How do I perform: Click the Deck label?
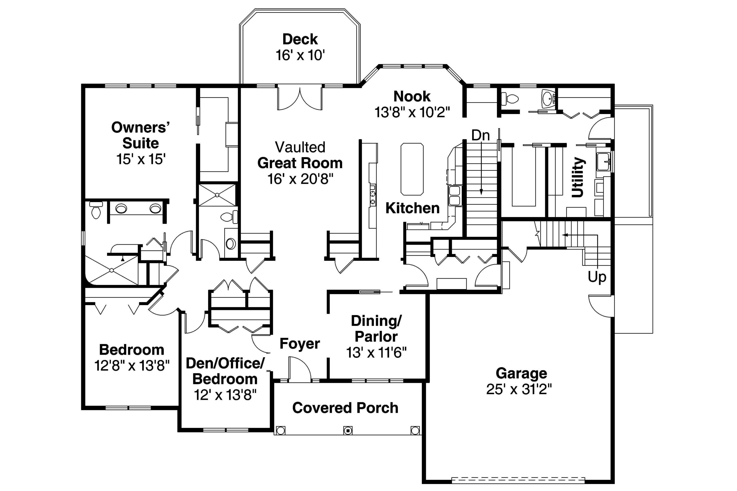(x=300, y=39)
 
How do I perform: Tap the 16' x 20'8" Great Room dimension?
(x=300, y=179)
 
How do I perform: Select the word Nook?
(x=412, y=96)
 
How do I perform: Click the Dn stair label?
(x=480, y=136)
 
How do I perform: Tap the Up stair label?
(x=597, y=277)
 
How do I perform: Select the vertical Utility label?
(x=578, y=177)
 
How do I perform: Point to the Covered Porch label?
(x=345, y=408)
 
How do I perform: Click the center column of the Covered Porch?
(x=347, y=430)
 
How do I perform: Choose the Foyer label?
(x=299, y=344)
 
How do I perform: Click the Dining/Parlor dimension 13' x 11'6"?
(x=376, y=353)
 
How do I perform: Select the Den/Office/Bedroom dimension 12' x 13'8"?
(x=225, y=395)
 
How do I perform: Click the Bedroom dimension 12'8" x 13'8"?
(x=132, y=365)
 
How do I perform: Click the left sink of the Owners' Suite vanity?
(x=121, y=208)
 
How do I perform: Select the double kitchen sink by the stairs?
(x=455, y=196)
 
